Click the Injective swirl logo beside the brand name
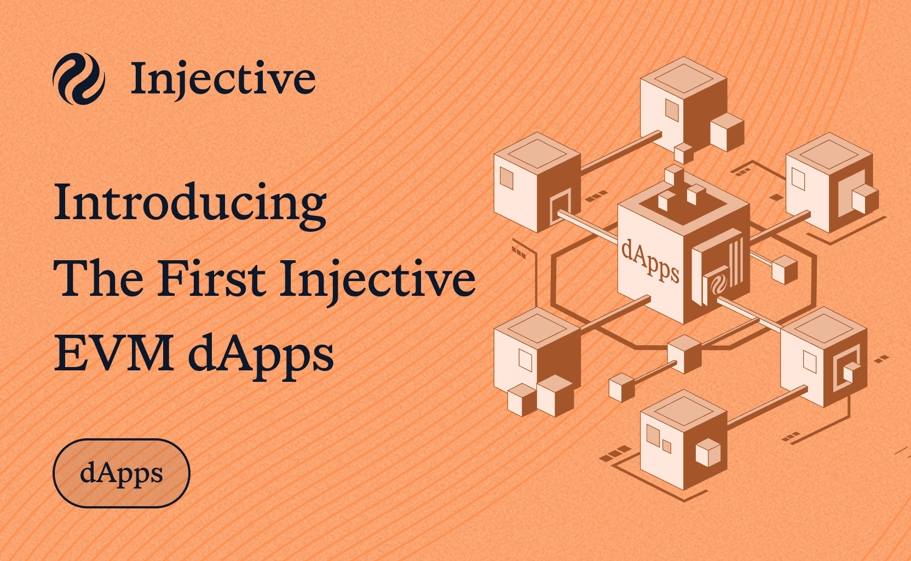(x=79, y=78)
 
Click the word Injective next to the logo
(x=223, y=79)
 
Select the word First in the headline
(x=212, y=278)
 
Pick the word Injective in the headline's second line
(x=378, y=282)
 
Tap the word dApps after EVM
(x=261, y=356)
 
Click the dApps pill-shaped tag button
(x=122, y=473)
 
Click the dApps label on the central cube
(x=650, y=261)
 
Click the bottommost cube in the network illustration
(x=684, y=440)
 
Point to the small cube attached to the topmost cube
(x=727, y=132)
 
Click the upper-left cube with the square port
(x=537, y=182)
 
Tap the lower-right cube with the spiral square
(x=824, y=357)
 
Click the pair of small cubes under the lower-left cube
(x=541, y=396)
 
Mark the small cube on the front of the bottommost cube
(x=708, y=453)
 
